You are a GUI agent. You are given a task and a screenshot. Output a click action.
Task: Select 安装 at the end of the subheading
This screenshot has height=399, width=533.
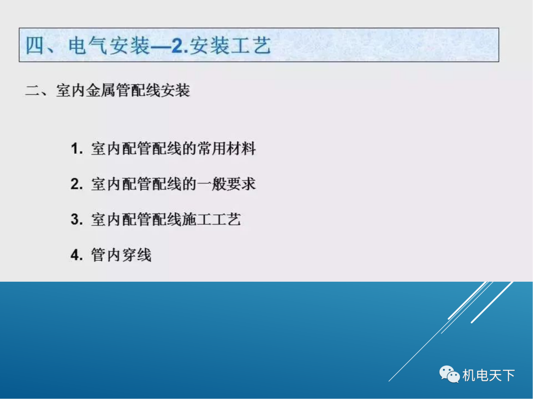click(175, 91)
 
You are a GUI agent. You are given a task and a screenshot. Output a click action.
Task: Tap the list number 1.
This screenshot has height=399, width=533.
click(76, 149)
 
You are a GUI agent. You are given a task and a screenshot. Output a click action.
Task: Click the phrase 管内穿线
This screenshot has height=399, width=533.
click(121, 255)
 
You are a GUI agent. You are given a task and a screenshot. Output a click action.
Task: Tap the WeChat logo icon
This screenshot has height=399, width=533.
click(450, 375)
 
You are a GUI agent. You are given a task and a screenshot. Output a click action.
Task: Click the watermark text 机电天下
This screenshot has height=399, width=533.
click(489, 375)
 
